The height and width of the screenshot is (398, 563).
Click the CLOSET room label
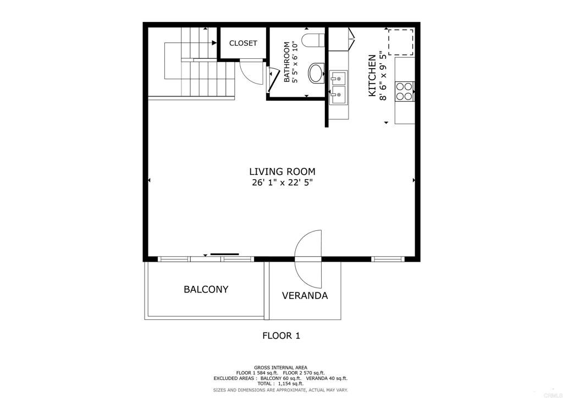pos(243,43)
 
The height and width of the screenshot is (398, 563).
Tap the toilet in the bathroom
pos(313,40)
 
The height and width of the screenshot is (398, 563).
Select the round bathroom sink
pos(316,73)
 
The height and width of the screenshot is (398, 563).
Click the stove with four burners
pos(404,91)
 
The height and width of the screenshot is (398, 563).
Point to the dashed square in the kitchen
pos(401,42)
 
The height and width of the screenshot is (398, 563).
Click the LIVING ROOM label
pos(282,172)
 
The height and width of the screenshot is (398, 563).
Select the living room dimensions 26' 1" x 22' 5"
pos(282,183)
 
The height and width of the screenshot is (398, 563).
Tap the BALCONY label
pos(206,289)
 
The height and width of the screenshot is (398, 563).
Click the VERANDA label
pos(305,296)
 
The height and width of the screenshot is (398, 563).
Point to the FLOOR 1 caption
pos(281,336)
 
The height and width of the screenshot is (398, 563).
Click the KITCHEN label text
pos(372,75)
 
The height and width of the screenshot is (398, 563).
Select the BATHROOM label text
pos(287,62)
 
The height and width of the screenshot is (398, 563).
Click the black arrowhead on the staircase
pos(214,43)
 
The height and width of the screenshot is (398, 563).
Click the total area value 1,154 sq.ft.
pos(291,384)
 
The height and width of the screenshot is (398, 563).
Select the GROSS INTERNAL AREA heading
pos(280,368)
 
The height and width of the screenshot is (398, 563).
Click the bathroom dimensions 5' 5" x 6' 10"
pos(295,62)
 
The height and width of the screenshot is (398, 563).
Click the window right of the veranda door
pos(388,259)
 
